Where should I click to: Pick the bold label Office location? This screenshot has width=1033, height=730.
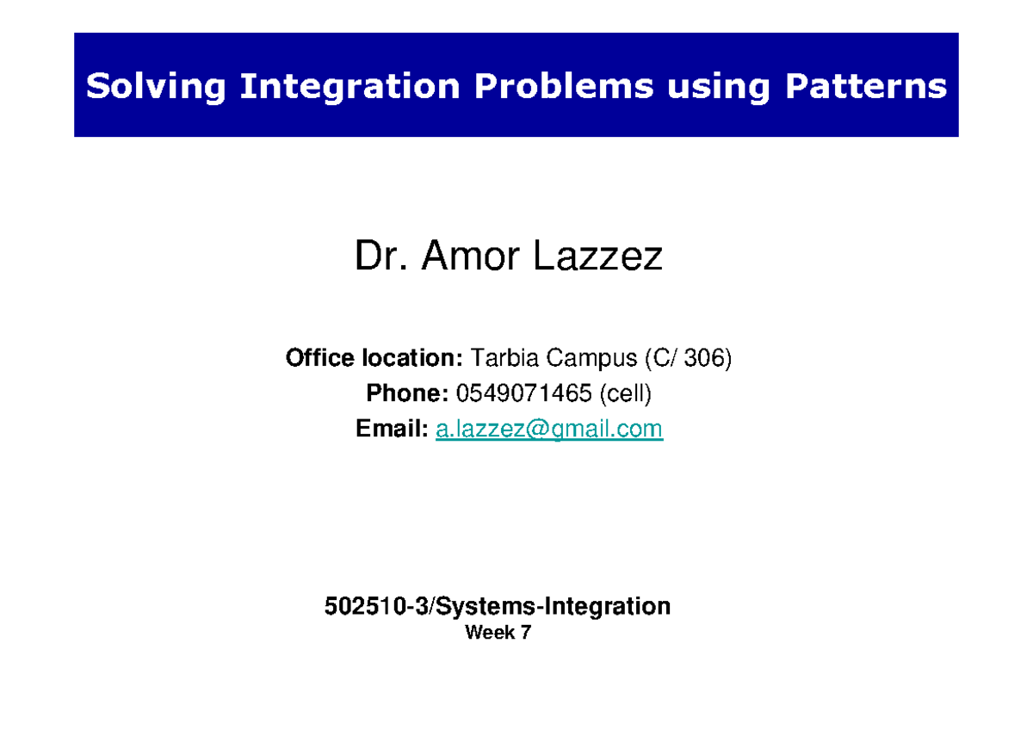tap(374, 358)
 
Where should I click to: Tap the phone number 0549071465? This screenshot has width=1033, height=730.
tap(524, 393)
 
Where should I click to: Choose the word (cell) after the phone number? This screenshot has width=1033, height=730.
tap(626, 393)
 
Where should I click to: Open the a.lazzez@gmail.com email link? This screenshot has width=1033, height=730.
tap(549, 429)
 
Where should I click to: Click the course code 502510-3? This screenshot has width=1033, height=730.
tap(375, 607)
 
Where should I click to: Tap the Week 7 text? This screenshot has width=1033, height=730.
tap(498, 634)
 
